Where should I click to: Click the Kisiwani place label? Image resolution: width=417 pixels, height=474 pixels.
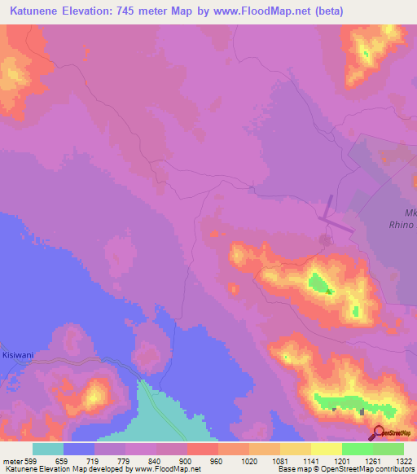pyautogui.click(x=16, y=355)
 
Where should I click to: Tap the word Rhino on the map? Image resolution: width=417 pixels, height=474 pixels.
pyautogui.click(x=405, y=224)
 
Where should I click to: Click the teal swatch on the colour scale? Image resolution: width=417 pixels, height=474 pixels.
pyautogui.click(x=48, y=449)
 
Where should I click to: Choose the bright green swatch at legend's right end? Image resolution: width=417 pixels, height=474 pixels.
pyautogui.click(x=388, y=449)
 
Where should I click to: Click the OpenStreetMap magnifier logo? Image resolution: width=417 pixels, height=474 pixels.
pyautogui.click(x=380, y=432)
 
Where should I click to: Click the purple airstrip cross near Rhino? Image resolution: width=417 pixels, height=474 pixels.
pyautogui.click(x=332, y=218)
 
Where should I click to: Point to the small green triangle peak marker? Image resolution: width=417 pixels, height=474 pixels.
pyautogui.click(x=329, y=291)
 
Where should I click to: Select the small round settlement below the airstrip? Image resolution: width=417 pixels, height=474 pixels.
pyautogui.click(x=326, y=241)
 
